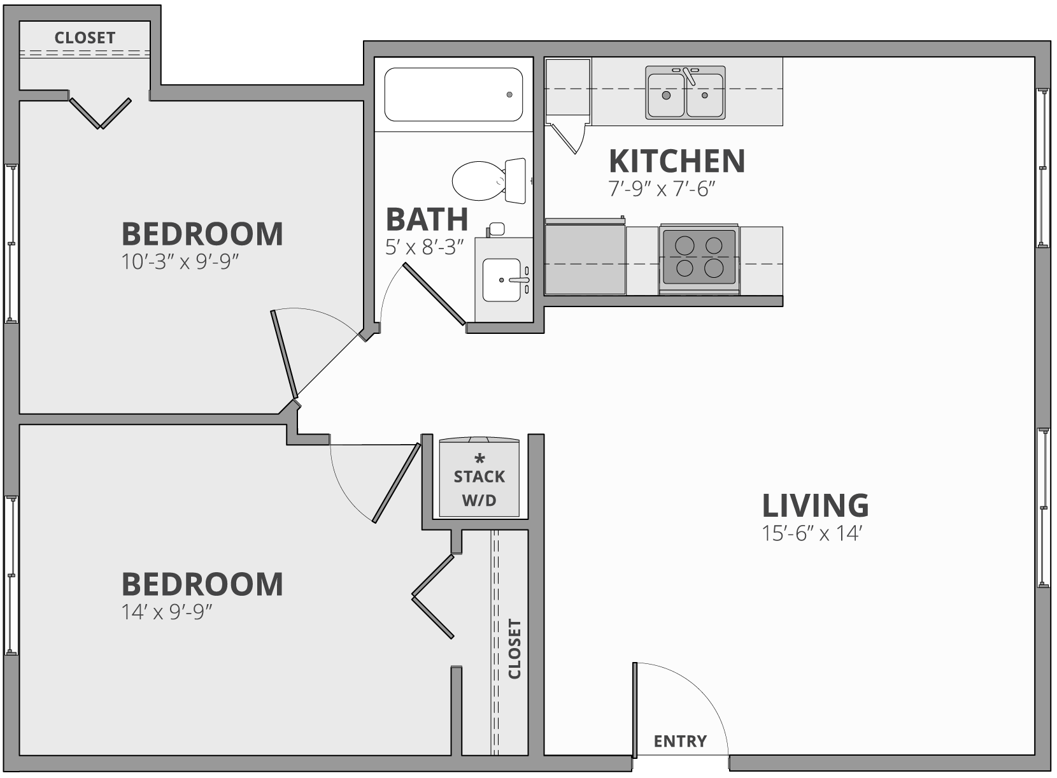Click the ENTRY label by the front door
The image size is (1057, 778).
(x=680, y=741)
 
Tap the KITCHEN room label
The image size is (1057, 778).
(x=677, y=161)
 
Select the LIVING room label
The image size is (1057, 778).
(x=815, y=505)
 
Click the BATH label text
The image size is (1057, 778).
(x=427, y=219)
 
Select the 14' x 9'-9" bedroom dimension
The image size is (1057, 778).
(x=166, y=612)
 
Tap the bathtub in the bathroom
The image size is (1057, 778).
(x=453, y=94)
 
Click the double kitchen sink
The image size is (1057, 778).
(x=685, y=93)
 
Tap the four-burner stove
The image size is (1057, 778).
(x=699, y=256)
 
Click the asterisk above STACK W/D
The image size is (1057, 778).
(x=480, y=459)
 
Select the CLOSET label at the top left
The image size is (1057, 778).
(x=85, y=38)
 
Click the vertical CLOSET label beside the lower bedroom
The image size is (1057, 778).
(x=514, y=649)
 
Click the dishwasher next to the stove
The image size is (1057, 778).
(x=585, y=257)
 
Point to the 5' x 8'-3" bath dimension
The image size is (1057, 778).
(x=424, y=247)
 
